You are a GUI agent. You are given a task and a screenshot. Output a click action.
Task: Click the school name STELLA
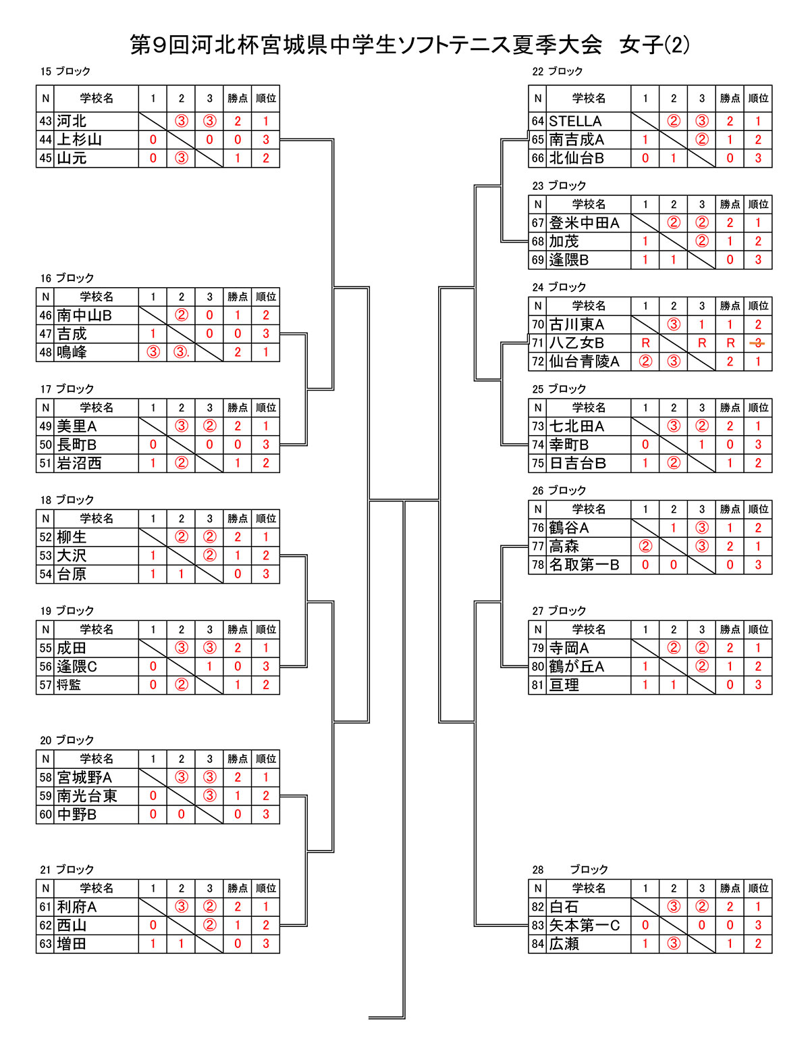point(574,121)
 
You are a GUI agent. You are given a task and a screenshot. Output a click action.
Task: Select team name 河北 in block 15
point(72,121)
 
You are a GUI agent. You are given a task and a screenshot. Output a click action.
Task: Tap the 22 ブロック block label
point(557,72)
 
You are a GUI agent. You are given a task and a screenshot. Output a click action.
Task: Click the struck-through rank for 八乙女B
point(757,343)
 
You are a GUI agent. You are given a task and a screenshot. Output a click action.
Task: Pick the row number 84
point(537,944)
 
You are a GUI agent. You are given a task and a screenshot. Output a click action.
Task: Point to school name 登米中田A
point(584,223)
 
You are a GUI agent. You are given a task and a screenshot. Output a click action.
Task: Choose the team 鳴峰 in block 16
point(72,352)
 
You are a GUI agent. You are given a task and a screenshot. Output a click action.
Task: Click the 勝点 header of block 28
point(730,888)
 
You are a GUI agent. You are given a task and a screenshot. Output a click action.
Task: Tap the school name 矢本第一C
point(584,926)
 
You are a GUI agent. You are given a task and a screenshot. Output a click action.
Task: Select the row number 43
point(45,121)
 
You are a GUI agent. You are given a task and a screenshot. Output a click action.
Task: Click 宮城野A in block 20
point(84,778)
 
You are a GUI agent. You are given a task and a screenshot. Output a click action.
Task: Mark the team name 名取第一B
point(584,565)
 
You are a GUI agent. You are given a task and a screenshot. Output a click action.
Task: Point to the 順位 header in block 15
point(265,99)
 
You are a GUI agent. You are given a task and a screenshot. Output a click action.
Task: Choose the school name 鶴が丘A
point(576,666)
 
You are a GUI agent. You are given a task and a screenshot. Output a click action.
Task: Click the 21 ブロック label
point(66,870)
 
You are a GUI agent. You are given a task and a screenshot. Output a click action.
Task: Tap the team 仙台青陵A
point(584,361)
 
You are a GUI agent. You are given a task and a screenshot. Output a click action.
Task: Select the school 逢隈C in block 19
point(76,666)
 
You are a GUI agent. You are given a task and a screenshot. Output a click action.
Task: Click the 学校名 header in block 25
point(589,408)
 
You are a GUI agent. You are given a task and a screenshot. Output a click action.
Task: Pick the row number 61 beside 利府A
point(45,907)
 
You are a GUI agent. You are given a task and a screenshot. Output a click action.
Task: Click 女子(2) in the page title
point(654,45)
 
